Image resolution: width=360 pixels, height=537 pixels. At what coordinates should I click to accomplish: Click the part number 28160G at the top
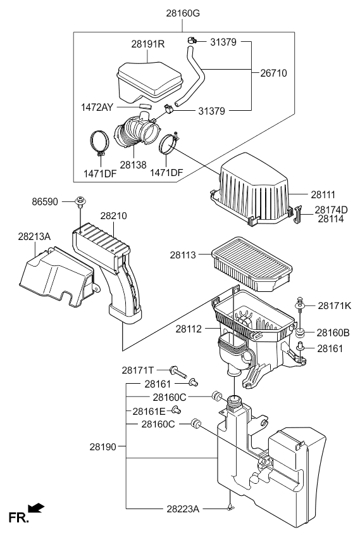tap(183, 13)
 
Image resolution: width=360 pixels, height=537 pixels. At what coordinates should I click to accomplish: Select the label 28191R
tap(147, 44)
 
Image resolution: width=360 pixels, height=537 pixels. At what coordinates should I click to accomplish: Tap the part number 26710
tap(273, 73)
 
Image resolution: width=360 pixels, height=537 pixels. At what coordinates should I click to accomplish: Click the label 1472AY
tap(97, 107)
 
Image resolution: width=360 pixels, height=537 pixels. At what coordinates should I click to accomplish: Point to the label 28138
tap(133, 165)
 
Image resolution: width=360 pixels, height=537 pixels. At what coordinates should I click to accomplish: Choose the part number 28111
tap(323, 194)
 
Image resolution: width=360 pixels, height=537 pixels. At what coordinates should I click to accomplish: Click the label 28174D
tap(332, 210)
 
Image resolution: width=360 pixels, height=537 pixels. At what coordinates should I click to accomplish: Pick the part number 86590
tap(45, 202)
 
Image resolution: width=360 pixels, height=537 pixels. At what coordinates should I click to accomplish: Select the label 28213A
tap(34, 236)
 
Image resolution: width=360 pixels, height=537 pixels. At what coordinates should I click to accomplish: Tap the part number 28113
tap(183, 255)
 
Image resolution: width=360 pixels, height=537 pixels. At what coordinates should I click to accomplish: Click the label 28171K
tap(334, 305)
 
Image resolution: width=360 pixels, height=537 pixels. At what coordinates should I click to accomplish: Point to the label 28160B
tap(333, 332)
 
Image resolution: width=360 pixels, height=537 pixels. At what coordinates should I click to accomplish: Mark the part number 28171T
tap(138, 370)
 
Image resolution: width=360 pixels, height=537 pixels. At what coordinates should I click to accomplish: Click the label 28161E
tap(149, 411)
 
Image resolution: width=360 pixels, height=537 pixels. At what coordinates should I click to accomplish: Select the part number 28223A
tap(183, 509)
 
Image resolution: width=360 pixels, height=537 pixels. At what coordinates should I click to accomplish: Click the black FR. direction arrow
tap(36, 508)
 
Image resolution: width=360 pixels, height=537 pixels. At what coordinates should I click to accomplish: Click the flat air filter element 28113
tap(252, 263)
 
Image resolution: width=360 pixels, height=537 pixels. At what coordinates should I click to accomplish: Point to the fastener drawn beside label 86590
tap(80, 202)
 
